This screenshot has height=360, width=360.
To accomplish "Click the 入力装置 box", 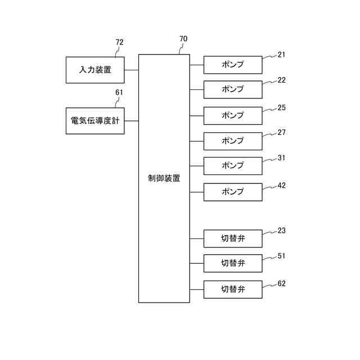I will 94,70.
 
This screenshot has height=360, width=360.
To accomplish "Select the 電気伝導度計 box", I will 94,121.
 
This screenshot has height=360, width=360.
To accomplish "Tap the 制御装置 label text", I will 164,178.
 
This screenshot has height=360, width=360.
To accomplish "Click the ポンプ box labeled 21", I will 232,65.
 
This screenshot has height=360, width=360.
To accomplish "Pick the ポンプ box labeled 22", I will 232,89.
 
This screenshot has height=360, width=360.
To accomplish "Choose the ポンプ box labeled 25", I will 232,115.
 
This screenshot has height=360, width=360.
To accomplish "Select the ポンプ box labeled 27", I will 232,141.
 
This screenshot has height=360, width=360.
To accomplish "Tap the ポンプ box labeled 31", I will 232,166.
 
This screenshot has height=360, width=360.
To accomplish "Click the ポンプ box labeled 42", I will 232,192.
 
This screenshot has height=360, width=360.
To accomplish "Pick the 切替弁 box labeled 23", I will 232,238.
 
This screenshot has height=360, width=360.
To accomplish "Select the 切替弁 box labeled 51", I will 232,263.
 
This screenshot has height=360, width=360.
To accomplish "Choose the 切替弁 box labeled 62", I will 232,289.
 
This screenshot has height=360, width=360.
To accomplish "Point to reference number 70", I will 183,39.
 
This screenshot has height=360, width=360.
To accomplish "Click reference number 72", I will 119,42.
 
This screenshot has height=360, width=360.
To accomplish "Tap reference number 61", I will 119,92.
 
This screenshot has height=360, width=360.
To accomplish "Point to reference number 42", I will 282,185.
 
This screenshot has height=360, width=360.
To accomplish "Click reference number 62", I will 282,283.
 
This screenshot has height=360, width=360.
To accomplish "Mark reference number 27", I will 282,133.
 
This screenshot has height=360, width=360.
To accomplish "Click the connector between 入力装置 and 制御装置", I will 132,70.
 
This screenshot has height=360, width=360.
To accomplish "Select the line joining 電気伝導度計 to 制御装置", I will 132,120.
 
